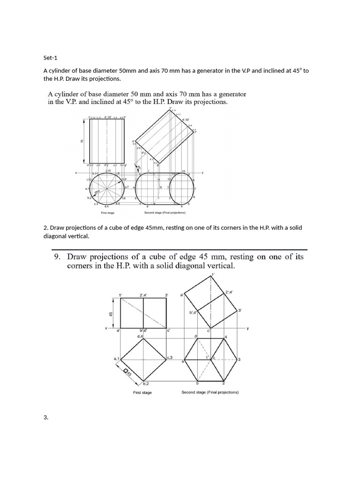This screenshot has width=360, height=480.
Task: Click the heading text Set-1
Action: click(51, 58)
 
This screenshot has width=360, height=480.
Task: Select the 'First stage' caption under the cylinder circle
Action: click(108, 212)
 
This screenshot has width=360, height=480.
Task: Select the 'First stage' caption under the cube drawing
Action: click(142, 392)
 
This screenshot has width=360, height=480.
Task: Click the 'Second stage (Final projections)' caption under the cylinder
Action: click(165, 212)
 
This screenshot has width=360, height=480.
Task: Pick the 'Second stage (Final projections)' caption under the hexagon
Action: click(210, 392)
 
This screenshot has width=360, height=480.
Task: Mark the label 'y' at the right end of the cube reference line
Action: click(248, 329)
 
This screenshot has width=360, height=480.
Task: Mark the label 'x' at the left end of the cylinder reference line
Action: click(76, 172)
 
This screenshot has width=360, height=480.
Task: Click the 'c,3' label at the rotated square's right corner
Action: click(170, 358)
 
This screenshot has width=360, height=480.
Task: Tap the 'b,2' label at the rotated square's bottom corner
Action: click(146, 384)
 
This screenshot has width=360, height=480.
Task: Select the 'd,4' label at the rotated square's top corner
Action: click(140, 336)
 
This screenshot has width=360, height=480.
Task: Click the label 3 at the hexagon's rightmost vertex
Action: click(239, 360)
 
